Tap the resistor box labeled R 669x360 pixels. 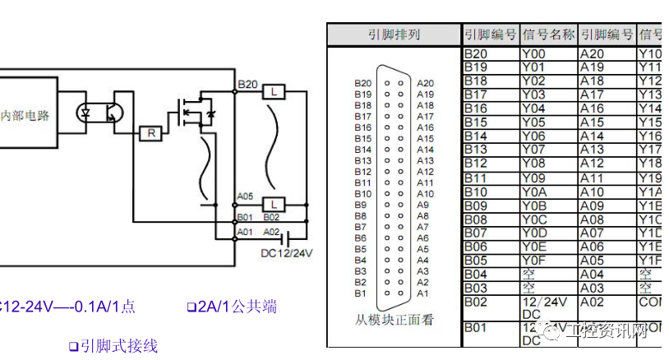150,132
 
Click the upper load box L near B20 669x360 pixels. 274,91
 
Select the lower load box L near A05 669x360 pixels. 274,204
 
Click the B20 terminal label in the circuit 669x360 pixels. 247,84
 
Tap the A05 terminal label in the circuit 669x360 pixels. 245,196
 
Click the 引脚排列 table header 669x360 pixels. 394,35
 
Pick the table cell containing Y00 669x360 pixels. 548,54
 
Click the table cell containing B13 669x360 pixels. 491,150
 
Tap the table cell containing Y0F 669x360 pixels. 548,260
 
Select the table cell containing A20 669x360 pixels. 607,54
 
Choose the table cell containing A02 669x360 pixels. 607,302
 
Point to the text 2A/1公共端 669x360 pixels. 231,307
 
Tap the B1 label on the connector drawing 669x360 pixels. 360,293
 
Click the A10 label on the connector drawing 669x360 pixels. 425,193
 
